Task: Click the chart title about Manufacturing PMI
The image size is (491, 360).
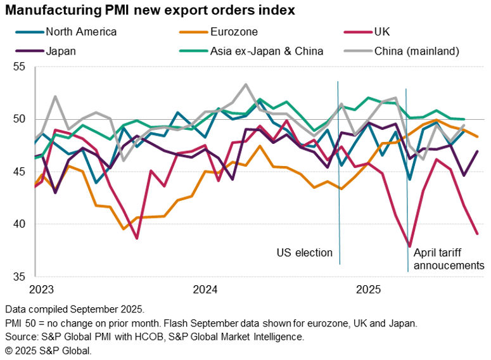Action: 150,11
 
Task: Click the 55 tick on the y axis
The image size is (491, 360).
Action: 18,67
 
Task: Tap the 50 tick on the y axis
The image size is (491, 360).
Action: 18,119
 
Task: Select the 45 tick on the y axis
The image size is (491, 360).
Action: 18,172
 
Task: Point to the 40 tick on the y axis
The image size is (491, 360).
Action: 18,224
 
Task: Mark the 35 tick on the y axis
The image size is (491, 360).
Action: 18,277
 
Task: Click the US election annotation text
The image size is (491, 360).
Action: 304,253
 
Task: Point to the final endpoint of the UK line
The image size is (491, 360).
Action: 477,234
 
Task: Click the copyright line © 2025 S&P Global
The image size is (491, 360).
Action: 48,350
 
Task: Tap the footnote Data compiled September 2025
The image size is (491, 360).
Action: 74,310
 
